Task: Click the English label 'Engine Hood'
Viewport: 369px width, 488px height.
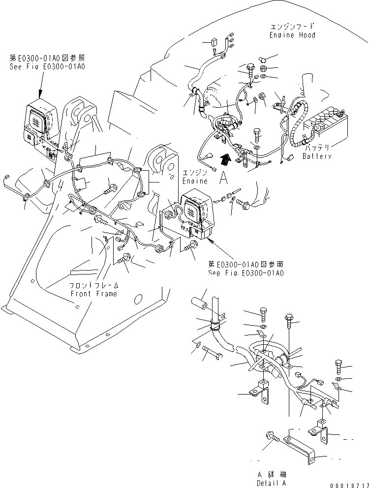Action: click(x=292, y=35)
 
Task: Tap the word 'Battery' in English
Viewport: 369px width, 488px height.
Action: click(x=317, y=156)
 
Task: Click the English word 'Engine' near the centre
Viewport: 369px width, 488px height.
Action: click(x=195, y=181)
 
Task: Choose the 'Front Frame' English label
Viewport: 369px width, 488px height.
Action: click(x=93, y=294)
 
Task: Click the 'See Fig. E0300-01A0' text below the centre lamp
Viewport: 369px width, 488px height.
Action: click(x=246, y=273)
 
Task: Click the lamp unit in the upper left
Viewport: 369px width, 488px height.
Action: click(x=37, y=123)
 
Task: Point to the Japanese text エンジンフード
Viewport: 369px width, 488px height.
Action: click(x=292, y=27)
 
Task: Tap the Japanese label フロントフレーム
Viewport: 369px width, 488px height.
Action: click(x=93, y=286)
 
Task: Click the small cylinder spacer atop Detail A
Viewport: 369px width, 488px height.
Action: click(x=200, y=301)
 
